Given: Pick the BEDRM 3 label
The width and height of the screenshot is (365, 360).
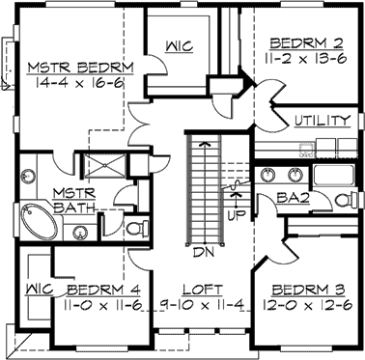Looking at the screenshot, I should pos(303,290).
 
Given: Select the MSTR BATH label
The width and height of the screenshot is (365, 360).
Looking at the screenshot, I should pos(71,200).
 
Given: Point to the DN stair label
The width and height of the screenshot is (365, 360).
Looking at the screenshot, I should pos(203,253).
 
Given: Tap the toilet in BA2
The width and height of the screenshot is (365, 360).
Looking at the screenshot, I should pos(342,200).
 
